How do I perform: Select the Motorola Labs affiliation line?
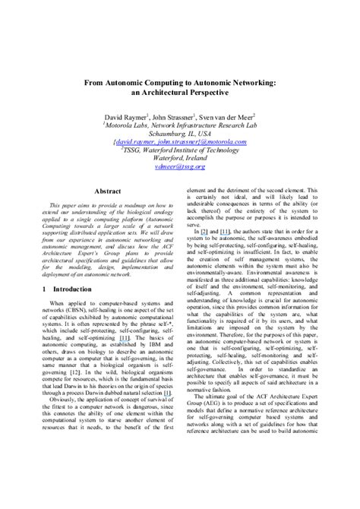(x=180, y=129)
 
